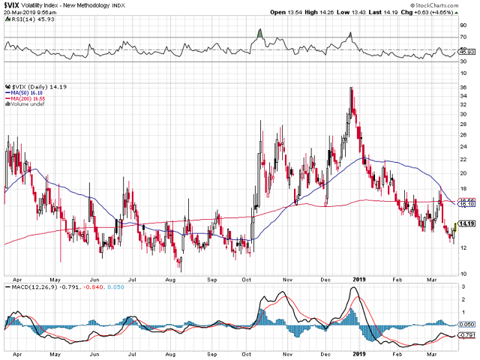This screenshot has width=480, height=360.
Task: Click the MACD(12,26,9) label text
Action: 30,286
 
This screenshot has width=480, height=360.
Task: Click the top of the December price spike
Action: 351,88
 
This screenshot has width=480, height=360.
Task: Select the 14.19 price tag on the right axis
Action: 465,223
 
